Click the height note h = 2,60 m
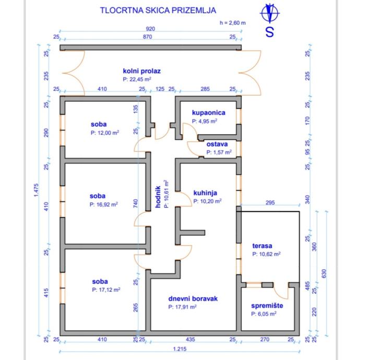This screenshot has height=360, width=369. (233, 23)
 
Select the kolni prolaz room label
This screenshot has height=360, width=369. (141, 71)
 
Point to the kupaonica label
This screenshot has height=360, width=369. (208, 112)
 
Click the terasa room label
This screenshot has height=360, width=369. (263, 246)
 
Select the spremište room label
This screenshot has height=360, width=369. (267, 306)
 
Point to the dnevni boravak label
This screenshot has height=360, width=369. (193, 299)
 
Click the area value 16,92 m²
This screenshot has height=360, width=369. (103, 205)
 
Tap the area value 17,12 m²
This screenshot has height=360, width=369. (106, 290)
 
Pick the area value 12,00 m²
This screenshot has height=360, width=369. (104, 133)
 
